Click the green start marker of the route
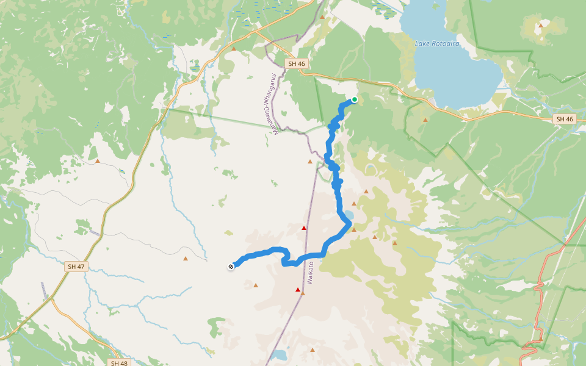click(x=354, y=99)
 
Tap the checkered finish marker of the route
click(x=231, y=266)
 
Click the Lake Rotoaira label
click(x=436, y=44)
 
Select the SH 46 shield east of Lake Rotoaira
click(x=565, y=119)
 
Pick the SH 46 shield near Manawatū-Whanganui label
click(x=297, y=63)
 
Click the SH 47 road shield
click(x=76, y=267)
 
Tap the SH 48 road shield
click(x=120, y=363)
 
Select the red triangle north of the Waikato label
click(x=304, y=228)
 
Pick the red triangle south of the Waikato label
click(x=298, y=290)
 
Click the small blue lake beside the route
click(x=349, y=215)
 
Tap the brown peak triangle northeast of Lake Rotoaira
click(x=540, y=26)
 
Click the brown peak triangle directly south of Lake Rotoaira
click(x=425, y=120)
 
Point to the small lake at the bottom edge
click(x=279, y=354)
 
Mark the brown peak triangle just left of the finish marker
click(x=186, y=259)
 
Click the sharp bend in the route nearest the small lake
click(x=349, y=224)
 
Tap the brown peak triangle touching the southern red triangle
click(x=303, y=293)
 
